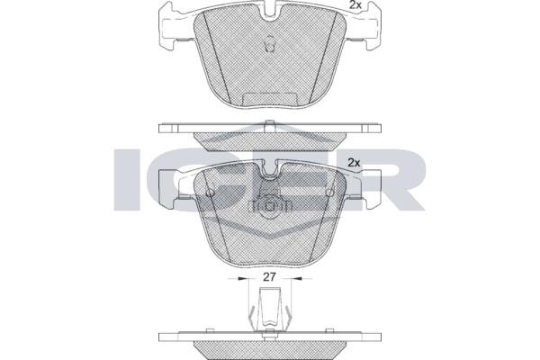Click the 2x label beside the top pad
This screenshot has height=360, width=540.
click(355, 4)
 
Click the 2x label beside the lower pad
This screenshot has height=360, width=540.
click(354, 163)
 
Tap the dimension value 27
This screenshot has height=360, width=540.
click(269, 277)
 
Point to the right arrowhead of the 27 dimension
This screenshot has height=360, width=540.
click(296, 278)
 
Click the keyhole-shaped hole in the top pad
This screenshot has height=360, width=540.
click(270, 44)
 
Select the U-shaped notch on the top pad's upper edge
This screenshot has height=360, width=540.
click(270, 13)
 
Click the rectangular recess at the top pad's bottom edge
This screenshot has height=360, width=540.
click(270, 99)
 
